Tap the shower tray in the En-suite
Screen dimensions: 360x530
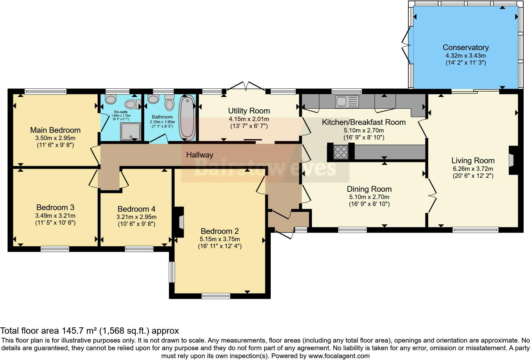coord(130,132)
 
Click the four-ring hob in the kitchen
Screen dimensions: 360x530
coord(341,151)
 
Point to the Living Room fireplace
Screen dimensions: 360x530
coord(512,160)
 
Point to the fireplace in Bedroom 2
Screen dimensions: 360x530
coord(180,222)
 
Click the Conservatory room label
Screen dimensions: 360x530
coord(465,48)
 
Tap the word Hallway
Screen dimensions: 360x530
coord(199,155)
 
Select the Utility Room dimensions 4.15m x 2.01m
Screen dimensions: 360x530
coord(249,119)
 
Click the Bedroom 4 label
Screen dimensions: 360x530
coord(136,209)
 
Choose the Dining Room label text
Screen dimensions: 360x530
coord(369,189)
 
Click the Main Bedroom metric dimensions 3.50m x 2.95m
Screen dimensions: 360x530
coord(55,138)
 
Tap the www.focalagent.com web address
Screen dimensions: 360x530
coord(339,356)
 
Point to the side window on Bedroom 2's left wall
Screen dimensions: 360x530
coord(172,272)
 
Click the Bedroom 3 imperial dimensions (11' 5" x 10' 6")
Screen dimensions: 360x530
coord(55,223)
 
